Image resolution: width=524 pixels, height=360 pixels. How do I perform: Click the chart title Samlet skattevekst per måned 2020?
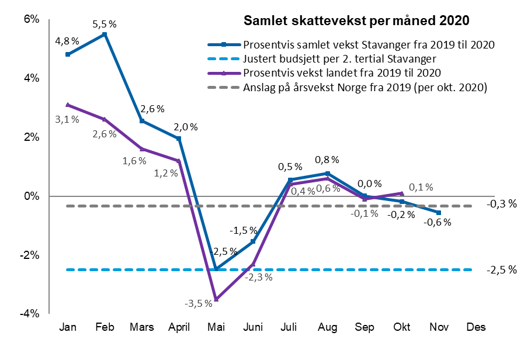click(356, 21)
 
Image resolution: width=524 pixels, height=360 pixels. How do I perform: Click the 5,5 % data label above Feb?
click(105, 25)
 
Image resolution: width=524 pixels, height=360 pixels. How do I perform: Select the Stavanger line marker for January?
click(68, 54)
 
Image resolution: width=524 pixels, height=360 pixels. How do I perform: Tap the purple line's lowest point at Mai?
click(216, 299)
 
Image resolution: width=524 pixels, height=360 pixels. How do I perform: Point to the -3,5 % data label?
click(198, 304)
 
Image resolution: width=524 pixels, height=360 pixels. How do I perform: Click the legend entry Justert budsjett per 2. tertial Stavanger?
click(340, 59)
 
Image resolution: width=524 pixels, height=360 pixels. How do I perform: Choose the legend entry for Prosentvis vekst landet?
click(341, 73)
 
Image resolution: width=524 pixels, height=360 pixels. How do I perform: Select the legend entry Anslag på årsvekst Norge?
click(365, 88)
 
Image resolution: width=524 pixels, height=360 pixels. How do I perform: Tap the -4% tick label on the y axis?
click(30, 314)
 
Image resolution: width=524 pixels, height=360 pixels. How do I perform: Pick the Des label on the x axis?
click(476, 327)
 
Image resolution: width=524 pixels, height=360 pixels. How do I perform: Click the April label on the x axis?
click(179, 327)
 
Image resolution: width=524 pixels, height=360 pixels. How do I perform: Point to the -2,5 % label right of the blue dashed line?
click(503, 270)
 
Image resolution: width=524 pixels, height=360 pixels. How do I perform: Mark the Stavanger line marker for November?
click(439, 213)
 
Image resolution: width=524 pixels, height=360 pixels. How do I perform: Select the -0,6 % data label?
click(437, 223)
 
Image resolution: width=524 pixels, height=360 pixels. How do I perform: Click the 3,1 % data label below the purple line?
click(67, 119)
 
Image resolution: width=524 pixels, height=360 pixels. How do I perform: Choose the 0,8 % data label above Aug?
click(327, 160)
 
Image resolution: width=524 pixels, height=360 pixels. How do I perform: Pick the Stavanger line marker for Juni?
click(253, 241)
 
